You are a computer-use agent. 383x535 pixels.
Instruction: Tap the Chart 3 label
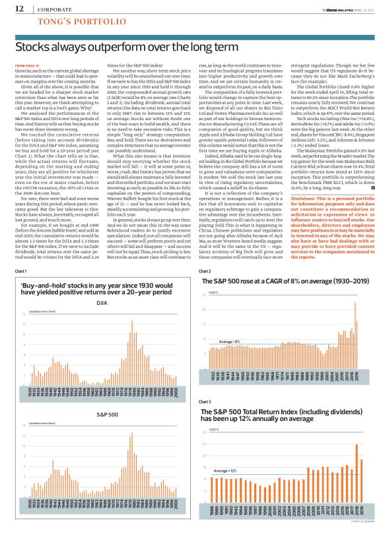click(205, 401)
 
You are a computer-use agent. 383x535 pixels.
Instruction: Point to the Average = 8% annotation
click(230, 341)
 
